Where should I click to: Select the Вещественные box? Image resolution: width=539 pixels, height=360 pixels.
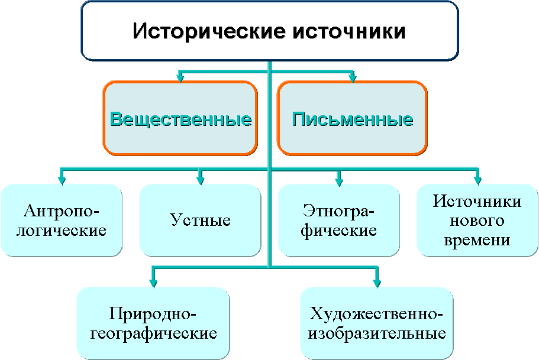point(180,119)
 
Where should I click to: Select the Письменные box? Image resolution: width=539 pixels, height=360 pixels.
point(353,119)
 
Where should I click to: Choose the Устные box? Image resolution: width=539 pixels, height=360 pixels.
point(200,220)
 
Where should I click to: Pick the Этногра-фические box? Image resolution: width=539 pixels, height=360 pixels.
point(339,220)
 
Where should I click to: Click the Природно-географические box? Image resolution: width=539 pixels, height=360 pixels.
point(153,323)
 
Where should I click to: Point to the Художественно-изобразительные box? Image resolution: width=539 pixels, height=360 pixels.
point(377,323)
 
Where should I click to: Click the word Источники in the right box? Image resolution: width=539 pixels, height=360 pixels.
point(477,202)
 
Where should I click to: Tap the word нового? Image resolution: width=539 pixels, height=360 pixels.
point(477,221)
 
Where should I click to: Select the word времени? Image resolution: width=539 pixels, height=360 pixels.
point(477,241)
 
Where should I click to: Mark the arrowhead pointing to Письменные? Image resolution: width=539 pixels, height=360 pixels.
point(353,76)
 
